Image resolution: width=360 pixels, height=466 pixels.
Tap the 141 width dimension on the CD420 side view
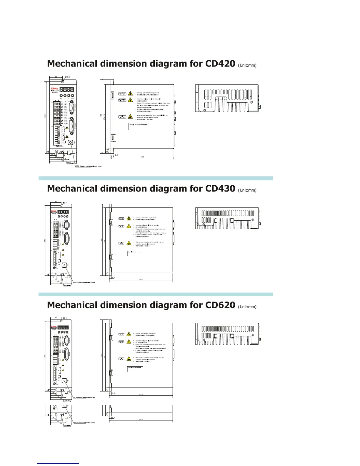(142, 157)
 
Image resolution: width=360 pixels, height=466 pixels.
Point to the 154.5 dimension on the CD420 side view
(104, 117)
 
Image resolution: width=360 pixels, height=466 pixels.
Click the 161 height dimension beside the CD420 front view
(45, 116)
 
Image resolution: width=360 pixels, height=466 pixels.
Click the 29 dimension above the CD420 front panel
(56, 77)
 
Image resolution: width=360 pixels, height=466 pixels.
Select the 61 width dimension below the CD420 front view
(62, 161)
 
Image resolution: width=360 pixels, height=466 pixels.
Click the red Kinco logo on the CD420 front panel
(55, 88)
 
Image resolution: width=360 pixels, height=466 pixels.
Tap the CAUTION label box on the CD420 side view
(122, 94)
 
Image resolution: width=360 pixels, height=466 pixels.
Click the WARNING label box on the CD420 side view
(122, 100)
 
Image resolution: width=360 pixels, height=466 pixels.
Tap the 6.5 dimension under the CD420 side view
(116, 155)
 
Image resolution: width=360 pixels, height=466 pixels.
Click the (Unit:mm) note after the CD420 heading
(247, 65)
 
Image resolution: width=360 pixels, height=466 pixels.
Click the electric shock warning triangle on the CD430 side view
(129, 226)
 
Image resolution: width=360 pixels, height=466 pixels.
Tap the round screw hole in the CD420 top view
(251, 102)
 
